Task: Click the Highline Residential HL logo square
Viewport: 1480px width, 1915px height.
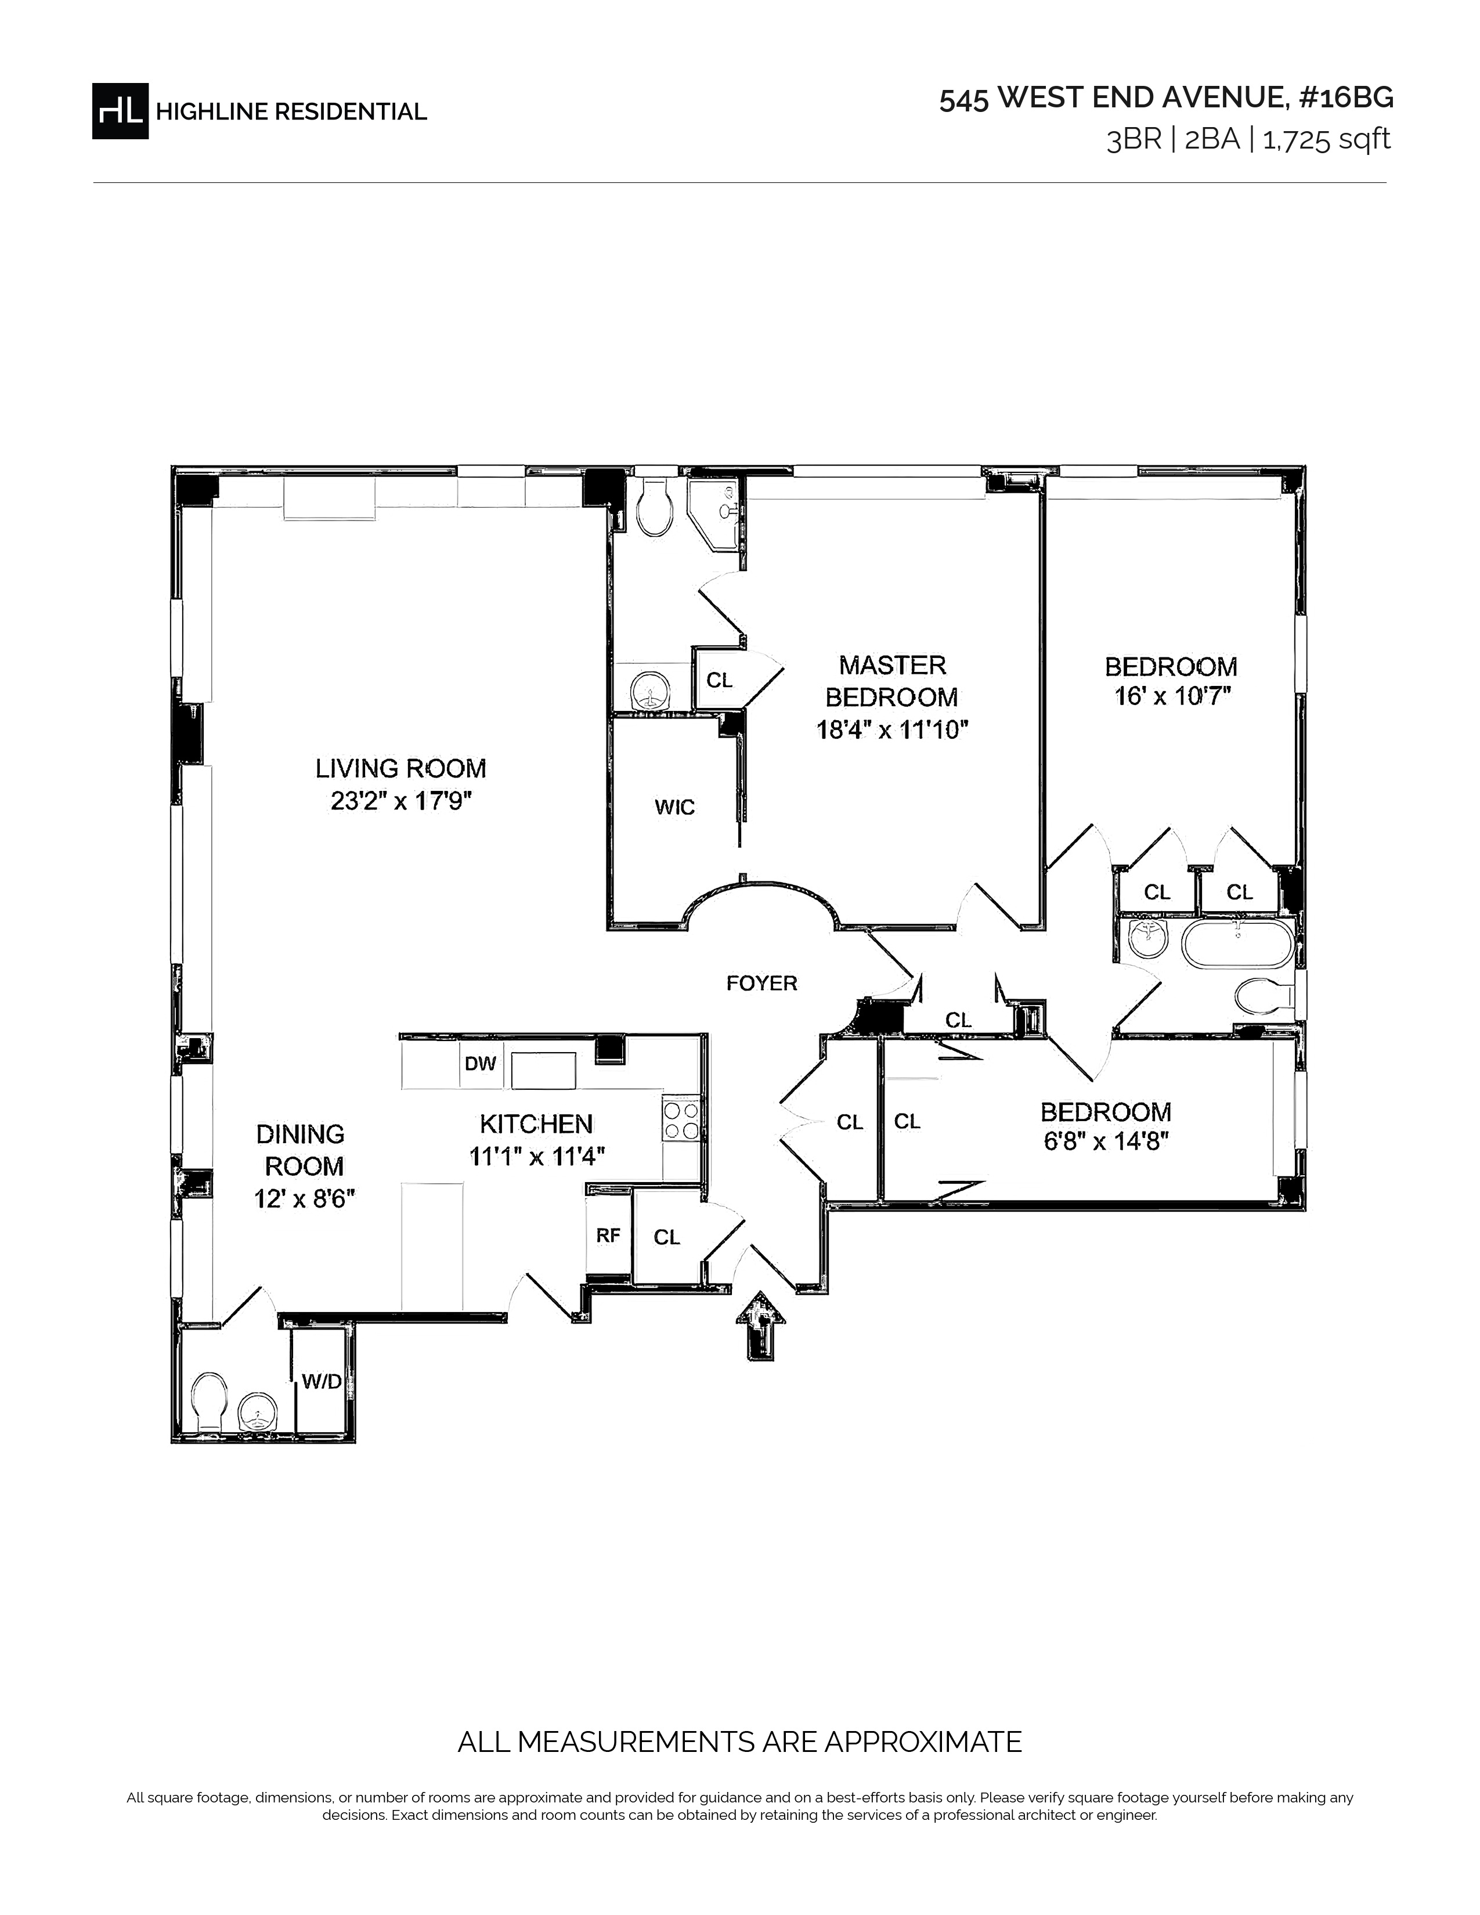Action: tap(120, 110)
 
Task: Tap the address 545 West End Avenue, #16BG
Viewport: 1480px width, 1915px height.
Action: tap(1166, 98)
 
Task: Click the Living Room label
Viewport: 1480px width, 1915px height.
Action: tap(400, 769)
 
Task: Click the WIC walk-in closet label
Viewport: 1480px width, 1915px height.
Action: tap(674, 807)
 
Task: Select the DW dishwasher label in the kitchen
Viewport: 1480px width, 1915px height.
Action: tap(481, 1064)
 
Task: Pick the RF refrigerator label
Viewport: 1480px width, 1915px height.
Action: tap(608, 1235)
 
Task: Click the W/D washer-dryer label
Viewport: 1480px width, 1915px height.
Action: tap(322, 1382)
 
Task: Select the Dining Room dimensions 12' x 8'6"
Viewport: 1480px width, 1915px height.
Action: tap(304, 1199)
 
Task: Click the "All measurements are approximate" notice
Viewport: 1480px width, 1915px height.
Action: tap(740, 1741)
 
